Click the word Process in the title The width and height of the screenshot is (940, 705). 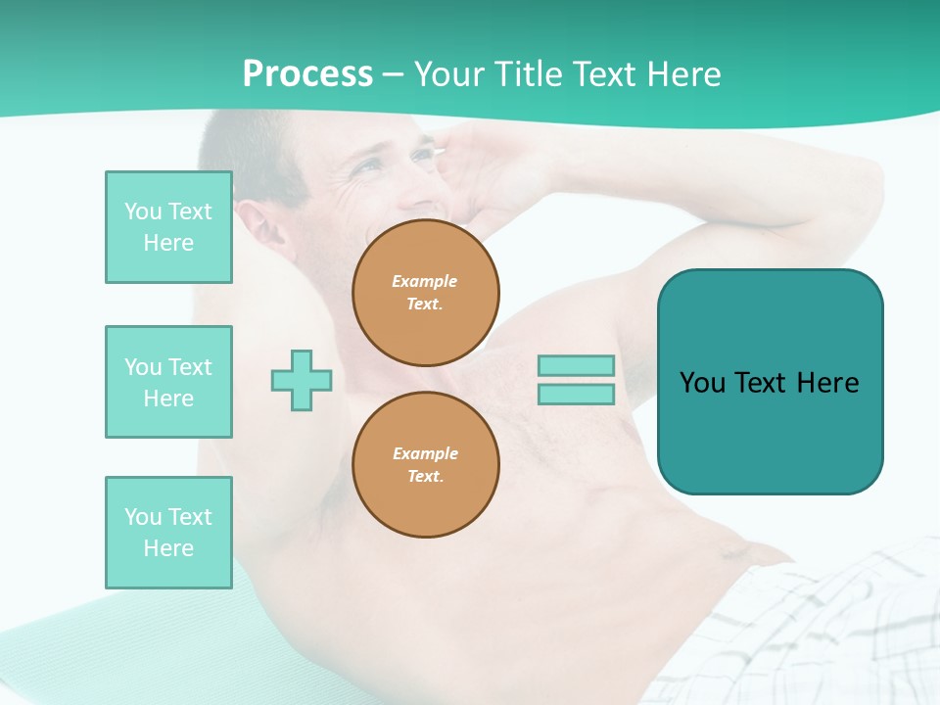(307, 73)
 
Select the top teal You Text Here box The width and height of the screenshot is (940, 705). (168, 227)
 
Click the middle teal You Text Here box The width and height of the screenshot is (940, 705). (168, 382)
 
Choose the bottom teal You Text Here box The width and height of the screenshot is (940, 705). (168, 533)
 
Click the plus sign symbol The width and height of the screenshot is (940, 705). (302, 380)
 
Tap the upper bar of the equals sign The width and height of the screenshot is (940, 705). (576, 365)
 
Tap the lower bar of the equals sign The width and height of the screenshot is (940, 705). (576, 394)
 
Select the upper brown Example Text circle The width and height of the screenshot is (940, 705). (426, 293)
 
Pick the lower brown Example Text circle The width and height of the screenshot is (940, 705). (426, 465)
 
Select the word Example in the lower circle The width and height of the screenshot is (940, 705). (426, 453)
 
